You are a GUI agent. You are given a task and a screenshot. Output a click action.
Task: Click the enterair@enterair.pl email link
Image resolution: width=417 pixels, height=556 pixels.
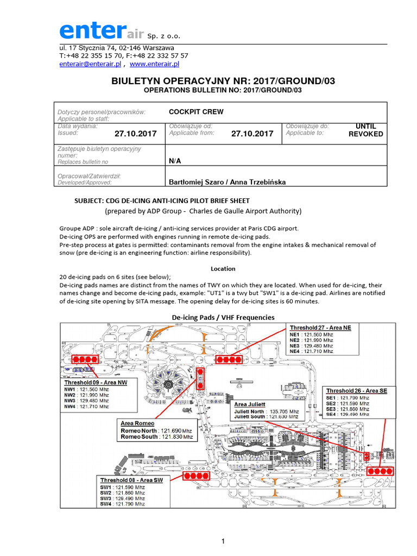[x=90, y=64]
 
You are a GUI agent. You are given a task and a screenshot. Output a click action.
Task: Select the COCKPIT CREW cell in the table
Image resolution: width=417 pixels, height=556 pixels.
[x=196, y=112]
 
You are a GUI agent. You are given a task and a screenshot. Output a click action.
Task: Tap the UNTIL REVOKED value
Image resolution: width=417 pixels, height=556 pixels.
[x=365, y=130]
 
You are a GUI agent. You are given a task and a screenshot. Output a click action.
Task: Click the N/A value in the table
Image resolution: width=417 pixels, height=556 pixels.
[x=175, y=161]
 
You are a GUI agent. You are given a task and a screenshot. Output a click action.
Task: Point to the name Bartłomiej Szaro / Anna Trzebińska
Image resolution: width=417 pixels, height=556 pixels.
[x=228, y=182]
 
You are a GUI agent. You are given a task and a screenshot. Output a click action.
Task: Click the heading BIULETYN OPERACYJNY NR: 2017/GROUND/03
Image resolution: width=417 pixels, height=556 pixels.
[x=223, y=81]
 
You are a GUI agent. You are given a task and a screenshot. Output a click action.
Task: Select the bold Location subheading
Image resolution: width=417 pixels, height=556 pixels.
[x=223, y=269]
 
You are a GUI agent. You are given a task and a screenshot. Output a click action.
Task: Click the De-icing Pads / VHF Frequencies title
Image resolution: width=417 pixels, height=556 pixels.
[x=223, y=317]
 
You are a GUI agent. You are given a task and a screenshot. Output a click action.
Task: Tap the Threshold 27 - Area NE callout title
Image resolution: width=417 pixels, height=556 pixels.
[x=320, y=328]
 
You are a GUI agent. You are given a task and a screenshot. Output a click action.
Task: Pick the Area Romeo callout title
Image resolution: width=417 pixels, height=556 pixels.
[x=138, y=423]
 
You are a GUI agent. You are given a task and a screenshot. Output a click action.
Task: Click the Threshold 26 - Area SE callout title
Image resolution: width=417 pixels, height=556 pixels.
[x=356, y=390]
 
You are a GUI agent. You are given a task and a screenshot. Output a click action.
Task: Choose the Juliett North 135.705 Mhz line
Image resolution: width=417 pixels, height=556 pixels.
[x=267, y=412]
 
